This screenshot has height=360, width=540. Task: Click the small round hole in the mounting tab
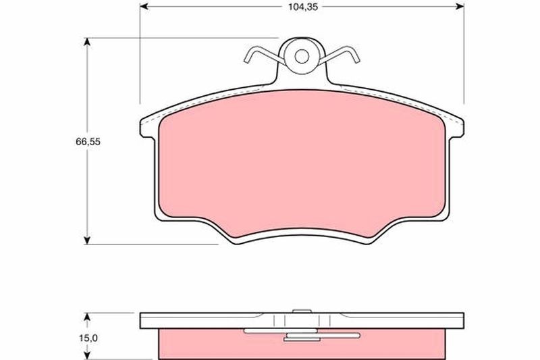pos(302,55)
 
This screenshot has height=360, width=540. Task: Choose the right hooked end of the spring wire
pos(355,57)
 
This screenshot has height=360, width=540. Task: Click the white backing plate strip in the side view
pos(202,320)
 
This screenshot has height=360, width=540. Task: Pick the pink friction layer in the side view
pos(202,342)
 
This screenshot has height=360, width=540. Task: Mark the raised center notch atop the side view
pos(302,312)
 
